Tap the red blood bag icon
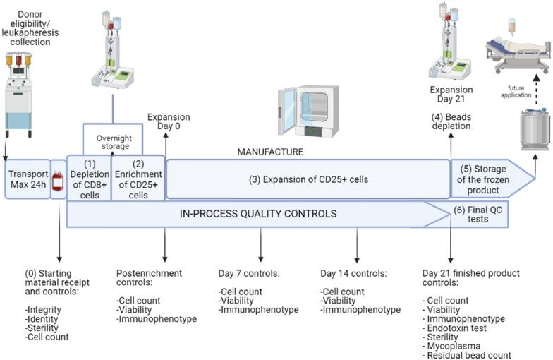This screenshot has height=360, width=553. pos(59,180)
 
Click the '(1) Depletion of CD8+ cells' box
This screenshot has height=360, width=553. pos(88,179)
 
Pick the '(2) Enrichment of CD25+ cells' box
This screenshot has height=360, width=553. pos(138,179)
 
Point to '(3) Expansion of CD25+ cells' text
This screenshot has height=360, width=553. pos(308,179)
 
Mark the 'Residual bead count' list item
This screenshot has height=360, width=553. pos(466,355)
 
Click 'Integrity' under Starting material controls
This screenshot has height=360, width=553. pos(44,310)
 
